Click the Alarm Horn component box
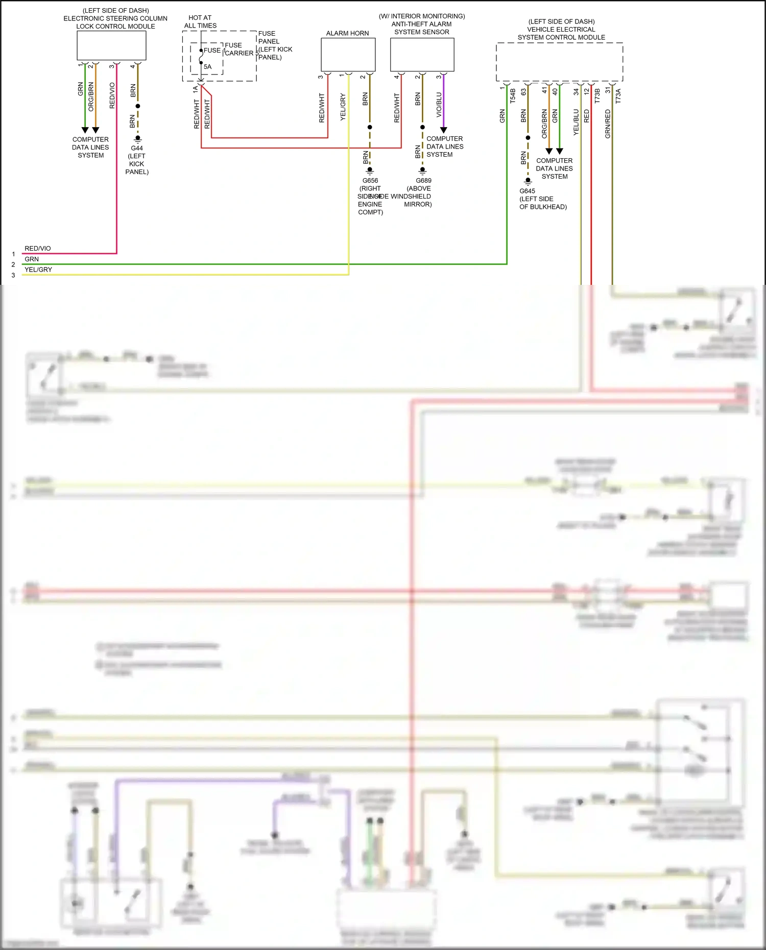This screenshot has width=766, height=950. [x=348, y=55]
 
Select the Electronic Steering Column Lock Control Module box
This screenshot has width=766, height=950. [x=111, y=45]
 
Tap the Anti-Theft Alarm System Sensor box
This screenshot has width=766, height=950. [x=422, y=55]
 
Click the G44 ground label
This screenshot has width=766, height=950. [x=137, y=148]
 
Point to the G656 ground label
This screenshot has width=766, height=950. [x=370, y=180]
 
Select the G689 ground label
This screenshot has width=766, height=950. [x=423, y=180]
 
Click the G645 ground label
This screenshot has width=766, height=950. [x=527, y=191]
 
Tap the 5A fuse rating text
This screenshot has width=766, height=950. [x=207, y=67]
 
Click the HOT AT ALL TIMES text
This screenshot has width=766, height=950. [x=200, y=21]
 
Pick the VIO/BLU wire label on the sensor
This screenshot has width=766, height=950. [x=439, y=105]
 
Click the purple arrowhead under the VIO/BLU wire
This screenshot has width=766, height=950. [x=443, y=130]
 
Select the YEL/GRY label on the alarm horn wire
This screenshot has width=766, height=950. [x=343, y=107]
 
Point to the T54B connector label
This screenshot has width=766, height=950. [x=513, y=95]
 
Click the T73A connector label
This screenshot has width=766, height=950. [x=618, y=95]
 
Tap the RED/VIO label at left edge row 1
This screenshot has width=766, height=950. [x=37, y=249]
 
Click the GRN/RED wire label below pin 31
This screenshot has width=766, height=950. [x=608, y=124]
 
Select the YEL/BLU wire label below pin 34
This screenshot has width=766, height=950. [x=576, y=122]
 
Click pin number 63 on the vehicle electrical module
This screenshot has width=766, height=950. [x=523, y=92]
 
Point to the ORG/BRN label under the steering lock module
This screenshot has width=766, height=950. [x=91, y=96]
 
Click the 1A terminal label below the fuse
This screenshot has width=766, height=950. [x=195, y=89]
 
